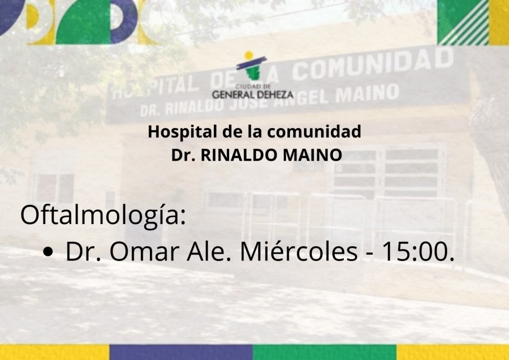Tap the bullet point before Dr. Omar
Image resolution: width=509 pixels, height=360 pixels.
coord(48,252)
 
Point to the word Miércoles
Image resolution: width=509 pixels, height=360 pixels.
coord(299,251)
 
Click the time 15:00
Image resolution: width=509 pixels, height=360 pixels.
coord(418,251)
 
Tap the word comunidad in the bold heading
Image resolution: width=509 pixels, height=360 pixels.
coord(314,131)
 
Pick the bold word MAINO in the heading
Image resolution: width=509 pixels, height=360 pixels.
coord(312,155)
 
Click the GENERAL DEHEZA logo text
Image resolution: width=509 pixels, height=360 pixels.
coord(253,95)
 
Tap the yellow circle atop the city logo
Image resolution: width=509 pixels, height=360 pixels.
coord(249,55)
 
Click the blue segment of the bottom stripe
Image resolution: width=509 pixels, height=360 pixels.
coord(181,352)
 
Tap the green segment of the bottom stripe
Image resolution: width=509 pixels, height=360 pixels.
coord(325,352)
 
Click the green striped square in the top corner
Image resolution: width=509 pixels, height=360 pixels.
coord(463,22)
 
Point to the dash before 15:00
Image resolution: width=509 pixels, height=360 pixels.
coord(369,254)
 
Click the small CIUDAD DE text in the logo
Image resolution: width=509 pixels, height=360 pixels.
coord(253,87)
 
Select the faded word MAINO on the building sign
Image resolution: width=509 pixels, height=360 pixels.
coord(367,93)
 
